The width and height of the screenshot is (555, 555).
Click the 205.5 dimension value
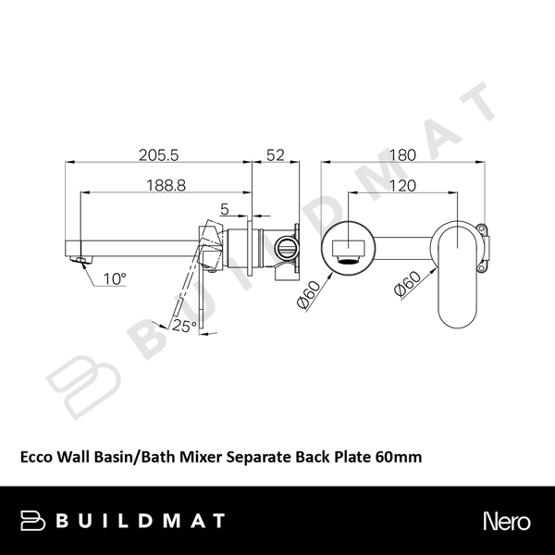[x=158, y=155]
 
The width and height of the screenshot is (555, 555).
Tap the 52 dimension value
[x=275, y=155]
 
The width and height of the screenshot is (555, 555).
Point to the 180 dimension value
[x=402, y=155]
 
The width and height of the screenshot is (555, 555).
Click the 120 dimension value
[x=402, y=185]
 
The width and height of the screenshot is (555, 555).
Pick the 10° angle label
[x=115, y=277]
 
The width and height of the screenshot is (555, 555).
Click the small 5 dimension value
[x=225, y=208]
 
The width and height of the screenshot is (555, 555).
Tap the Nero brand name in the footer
[x=505, y=521]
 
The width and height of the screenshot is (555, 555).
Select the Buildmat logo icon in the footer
[x=35, y=521]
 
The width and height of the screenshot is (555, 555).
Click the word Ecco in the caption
[x=37, y=456]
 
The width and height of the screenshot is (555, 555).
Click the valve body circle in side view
[x=285, y=247]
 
